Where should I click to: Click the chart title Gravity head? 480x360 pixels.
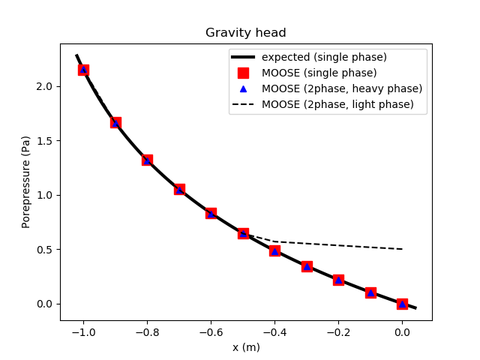pos(246,33)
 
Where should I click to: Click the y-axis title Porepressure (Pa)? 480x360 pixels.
pos(26,181)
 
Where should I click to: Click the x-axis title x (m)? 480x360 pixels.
pos(246,347)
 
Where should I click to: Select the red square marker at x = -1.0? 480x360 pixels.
pos(83,70)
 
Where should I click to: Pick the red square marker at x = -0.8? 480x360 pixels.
pos(147,160)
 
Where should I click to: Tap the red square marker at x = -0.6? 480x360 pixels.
pos(211,214)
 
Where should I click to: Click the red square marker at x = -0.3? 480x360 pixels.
pos(307,266)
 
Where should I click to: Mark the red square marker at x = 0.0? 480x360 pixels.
pos(402,304)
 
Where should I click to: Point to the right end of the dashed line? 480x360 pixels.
pos(403,249)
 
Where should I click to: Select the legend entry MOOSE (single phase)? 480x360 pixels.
pos(319,73)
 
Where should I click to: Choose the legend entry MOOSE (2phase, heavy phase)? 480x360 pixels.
pos(341,88)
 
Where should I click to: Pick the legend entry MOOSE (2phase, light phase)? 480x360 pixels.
pos(337,104)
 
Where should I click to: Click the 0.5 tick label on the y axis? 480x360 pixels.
pos(45,250)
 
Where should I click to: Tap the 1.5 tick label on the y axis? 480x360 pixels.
pos(45,141)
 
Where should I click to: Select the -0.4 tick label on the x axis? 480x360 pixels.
pos(274,331)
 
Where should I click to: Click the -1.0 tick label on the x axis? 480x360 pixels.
pos(83,331)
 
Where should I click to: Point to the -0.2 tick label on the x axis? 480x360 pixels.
pos(338,331)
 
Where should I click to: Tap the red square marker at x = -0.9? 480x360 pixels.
pos(115,122)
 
